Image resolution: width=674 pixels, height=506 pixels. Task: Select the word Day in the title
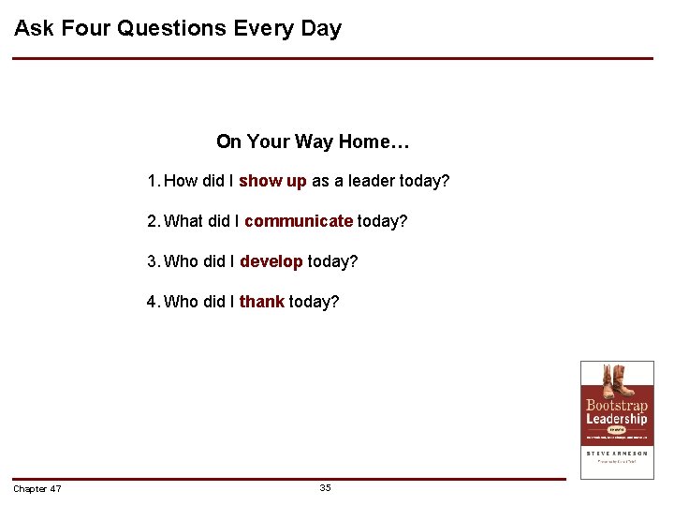click(x=321, y=28)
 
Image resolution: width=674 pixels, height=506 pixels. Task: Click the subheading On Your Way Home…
click(x=313, y=142)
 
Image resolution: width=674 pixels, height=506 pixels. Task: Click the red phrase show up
click(x=272, y=181)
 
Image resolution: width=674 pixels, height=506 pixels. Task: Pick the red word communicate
click(x=298, y=221)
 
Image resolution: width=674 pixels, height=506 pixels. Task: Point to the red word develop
click(x=271, y=261)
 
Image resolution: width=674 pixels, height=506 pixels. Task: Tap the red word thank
click(x=261, y=302)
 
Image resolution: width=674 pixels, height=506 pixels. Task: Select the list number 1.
click(x=152, y=181)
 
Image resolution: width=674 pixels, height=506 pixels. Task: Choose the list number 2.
click(x=152, y=221)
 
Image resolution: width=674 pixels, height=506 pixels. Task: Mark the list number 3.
click(x=152, y=261)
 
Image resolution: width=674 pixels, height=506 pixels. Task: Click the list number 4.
click(x=152, y=302)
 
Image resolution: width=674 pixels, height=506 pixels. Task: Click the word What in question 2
click(x=183, y=221)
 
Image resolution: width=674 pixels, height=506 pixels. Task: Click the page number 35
click(x=325, y=488)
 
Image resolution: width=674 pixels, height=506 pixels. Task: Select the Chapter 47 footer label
click(x=37, y=489)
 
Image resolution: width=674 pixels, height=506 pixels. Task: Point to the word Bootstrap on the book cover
click(x=617, y=406)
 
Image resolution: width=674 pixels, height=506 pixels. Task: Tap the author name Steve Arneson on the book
click(x=617, y=453)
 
